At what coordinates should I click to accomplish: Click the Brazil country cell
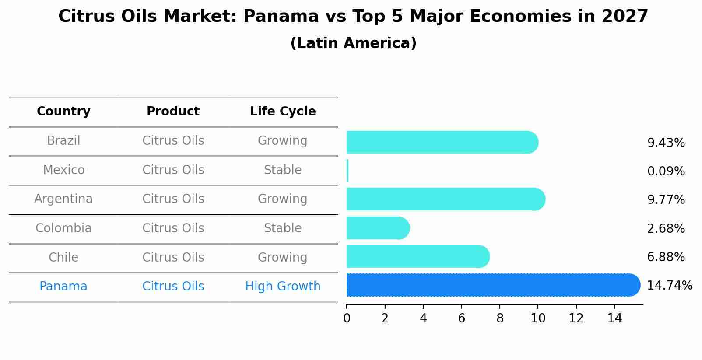coord(63,141)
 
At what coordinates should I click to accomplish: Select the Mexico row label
coord(63,170)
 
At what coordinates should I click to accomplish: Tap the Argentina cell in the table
coord(63,199)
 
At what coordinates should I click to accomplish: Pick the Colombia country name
coord(63,228)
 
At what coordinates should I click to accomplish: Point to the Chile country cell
coord(63,257)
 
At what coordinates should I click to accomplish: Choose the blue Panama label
coord(63,287)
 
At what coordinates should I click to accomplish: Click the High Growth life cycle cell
coord(283,287)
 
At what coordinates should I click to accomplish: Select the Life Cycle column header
coord(283,112)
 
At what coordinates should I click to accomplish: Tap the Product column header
coord(173,112)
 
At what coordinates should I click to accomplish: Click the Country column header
coord(63,112)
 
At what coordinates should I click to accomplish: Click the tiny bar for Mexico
coord(347,171)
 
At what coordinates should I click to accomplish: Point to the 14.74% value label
coord(669,286)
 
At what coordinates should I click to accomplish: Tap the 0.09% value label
coord(666,171)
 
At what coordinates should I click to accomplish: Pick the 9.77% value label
coord(666,200)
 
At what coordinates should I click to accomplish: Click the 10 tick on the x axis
coord(538,318)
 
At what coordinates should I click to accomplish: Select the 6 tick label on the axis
coord(461,318)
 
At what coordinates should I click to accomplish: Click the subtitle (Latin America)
coord(353,43)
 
